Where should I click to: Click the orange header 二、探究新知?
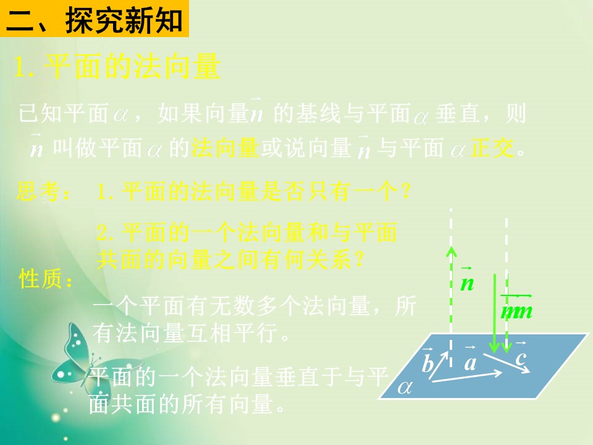point(94,20)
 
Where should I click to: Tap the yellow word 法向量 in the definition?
point(224,148)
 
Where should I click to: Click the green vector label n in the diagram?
point(467,282)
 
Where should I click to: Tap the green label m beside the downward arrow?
point(516,311)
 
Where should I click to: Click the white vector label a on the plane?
point(470,362)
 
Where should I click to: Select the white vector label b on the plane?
point(427,363)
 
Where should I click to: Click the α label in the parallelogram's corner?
point(405,388)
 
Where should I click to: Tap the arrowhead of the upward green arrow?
point(452,252)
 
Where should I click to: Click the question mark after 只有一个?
point(405,192)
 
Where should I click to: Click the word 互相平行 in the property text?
point(237,334)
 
